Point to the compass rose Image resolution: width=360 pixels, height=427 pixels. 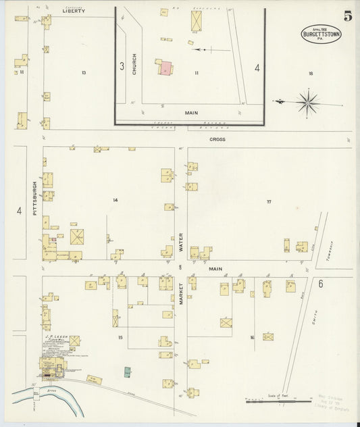(307, 103)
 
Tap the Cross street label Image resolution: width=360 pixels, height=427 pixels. (217, 139)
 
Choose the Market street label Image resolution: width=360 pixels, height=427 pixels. (180, 291)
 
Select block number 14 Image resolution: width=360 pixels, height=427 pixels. (115, 200)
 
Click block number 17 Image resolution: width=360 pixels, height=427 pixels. (268, 201)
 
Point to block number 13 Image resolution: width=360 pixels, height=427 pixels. (84, 72)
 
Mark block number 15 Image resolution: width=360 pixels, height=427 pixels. (120, 337)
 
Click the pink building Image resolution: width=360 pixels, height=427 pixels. (165, 68)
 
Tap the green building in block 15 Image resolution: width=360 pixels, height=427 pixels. (127, 371)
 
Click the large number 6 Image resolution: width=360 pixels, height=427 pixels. (320, 283)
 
